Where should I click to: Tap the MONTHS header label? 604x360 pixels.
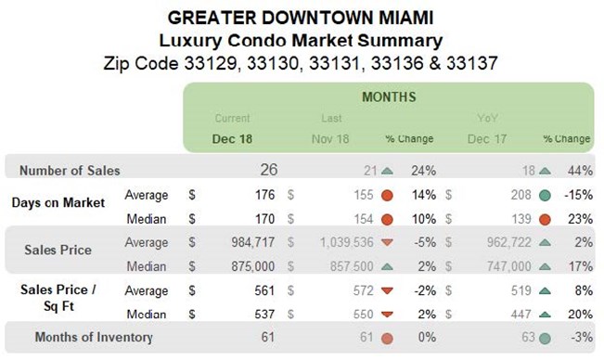(388, 96)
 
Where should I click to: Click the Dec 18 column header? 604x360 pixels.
(231, 139)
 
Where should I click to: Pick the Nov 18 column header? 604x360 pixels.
(330, 139)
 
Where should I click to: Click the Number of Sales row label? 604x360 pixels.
(71, 171)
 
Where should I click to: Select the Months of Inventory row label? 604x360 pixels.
(94, 337)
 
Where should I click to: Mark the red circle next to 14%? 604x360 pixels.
(387, 196)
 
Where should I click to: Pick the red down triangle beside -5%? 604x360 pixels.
(387, 242)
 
